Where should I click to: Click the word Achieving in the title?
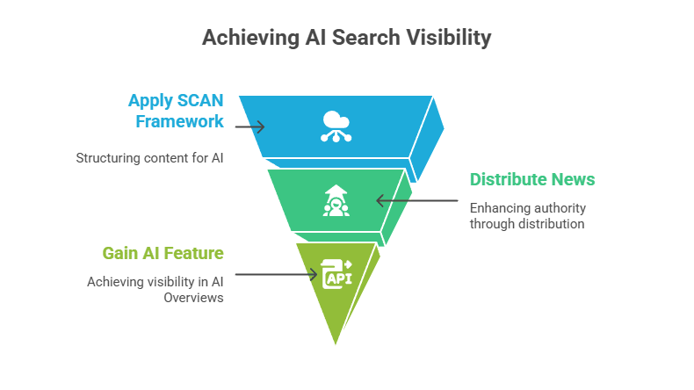click(x=242, y=38)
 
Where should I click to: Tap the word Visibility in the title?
click(x=447, y=38)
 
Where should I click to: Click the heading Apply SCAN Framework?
click(x=176, y=111)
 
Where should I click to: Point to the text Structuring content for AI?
click(x=149, y=159)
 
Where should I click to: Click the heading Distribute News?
click(x=532, y=180)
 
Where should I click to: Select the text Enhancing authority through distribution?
click(x=528, y=216)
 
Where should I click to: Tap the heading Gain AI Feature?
click(x=163, y=254)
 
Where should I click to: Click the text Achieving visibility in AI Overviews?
click(x=155, y=290)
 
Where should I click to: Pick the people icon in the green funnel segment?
click(x=336, y=201)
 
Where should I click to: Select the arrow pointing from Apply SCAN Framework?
click(x=249, y=126)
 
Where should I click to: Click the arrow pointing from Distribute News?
click(x=417, y=201)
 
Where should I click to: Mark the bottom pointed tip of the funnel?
click(x=335, y=343)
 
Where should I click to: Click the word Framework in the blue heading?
click(x=180, y=121)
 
